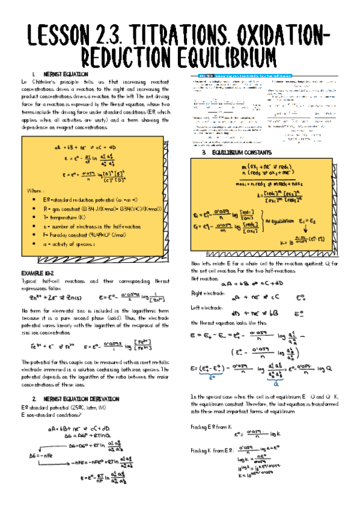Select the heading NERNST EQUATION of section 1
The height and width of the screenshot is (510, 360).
57,73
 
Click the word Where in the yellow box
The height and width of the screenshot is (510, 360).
34,190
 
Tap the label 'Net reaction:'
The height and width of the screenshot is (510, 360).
204,279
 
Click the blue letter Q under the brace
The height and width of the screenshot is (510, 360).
276,382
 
